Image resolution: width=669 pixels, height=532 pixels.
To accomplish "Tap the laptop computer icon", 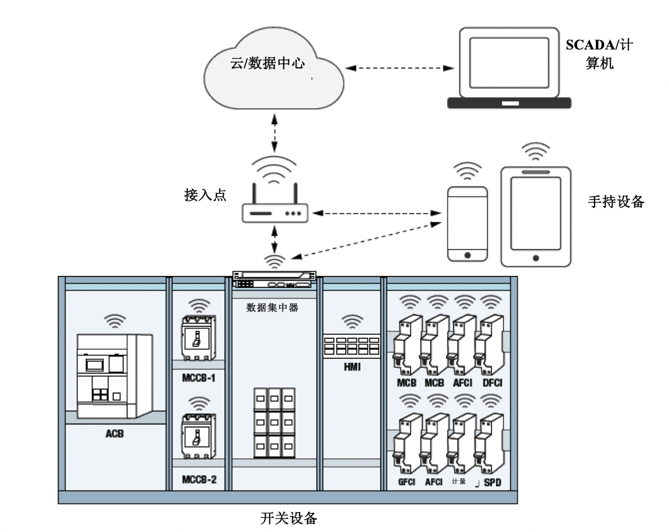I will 509,69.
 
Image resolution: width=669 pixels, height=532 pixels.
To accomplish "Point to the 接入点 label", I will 205,196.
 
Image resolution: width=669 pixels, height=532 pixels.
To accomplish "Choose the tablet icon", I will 535,217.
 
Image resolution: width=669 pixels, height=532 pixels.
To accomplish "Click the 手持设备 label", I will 616,202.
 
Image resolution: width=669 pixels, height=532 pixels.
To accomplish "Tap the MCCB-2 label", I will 199,480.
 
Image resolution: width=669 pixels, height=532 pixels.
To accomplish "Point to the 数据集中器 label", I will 272,308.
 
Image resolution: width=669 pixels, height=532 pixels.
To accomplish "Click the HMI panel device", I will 352,346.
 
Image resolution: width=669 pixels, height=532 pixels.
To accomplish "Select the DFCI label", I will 491,383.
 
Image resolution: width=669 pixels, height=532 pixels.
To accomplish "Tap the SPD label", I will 492,483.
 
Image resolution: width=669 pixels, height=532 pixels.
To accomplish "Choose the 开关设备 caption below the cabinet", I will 288,518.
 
